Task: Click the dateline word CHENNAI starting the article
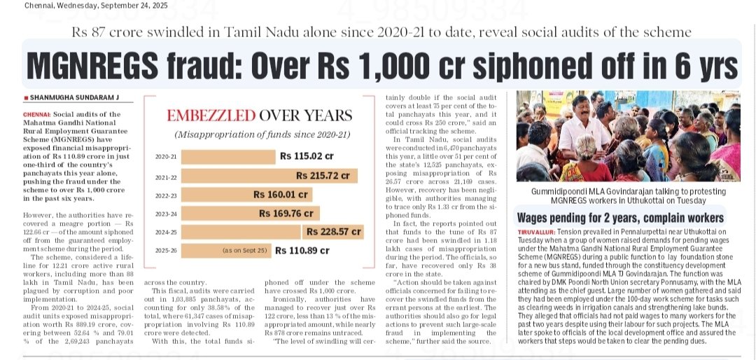click(36, 114)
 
